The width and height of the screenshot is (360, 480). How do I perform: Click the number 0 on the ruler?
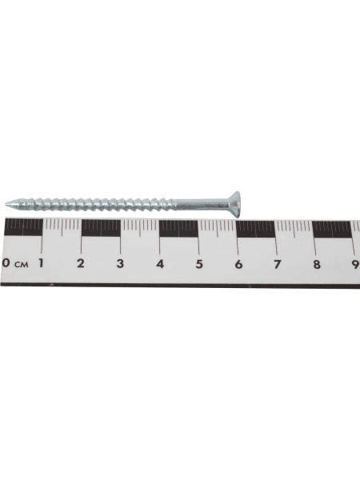tap(6, 263)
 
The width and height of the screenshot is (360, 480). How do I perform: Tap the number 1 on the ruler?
tap(40, 263)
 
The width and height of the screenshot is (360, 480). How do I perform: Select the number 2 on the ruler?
tap(80, 263)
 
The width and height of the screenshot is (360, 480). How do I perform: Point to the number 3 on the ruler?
tap(120, 263)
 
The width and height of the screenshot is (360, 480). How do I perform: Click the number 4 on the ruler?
tap(160, 263)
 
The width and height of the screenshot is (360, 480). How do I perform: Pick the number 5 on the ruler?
tap(199, 263)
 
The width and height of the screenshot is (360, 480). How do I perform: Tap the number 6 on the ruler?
tap(238, 264)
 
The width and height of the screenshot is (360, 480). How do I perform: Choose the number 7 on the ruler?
tap(278, 264)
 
